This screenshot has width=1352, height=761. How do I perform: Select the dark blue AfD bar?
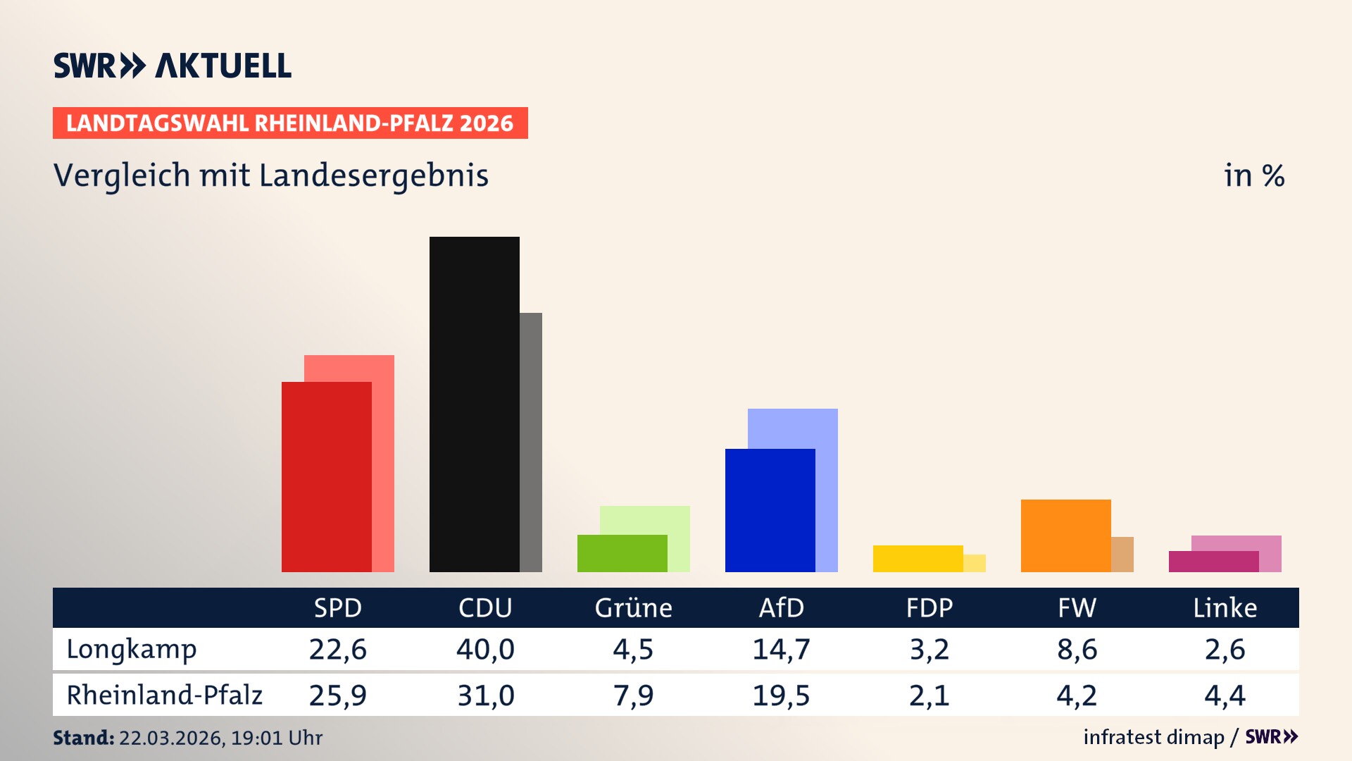coord(770,510)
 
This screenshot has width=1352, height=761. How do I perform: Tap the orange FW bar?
coord(1065,536)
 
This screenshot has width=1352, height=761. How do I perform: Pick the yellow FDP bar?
coord(918,559)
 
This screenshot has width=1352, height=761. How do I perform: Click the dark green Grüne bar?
coord(622,553)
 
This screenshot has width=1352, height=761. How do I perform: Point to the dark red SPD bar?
coord(326,476)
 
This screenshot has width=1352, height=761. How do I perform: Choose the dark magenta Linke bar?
coord(1213,562)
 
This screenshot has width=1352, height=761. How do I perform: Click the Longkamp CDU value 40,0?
coord(485,649)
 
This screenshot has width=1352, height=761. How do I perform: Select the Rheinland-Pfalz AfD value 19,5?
coord(781,695)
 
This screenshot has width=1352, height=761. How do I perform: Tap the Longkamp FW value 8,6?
coord(1077,649)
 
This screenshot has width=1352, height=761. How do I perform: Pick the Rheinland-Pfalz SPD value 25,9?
coord(337,695)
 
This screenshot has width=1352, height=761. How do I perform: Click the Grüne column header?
coord(633,607)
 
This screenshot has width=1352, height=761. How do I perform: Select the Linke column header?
coord(1225,607)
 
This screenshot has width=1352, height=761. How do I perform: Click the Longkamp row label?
coord(132,649)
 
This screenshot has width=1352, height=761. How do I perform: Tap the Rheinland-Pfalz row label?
coord(164,695)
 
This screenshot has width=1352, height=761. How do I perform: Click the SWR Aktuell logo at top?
coord(172,66)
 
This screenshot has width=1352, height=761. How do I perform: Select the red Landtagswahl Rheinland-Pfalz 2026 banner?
coord(289,123)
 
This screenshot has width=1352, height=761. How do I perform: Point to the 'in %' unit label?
coord(1253,175)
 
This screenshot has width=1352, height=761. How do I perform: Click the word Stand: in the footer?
coord(83,738)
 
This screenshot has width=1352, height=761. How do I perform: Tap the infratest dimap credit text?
coord(1153,737)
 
